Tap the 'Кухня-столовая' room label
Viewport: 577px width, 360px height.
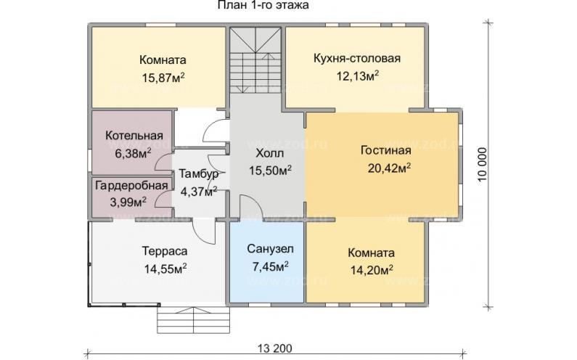(357, 59)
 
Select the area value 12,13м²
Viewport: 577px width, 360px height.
(357, 76)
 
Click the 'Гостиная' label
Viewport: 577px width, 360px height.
(385, 151)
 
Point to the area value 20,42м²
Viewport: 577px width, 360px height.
(385, 168)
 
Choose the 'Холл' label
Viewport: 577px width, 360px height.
(269, 154)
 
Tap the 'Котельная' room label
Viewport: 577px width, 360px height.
(128, 136)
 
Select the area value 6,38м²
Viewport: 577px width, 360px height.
(128, 152)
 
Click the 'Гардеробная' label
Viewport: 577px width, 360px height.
(130, 186)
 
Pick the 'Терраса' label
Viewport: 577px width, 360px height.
(165, 250)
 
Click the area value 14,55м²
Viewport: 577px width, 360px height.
(165, 268)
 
